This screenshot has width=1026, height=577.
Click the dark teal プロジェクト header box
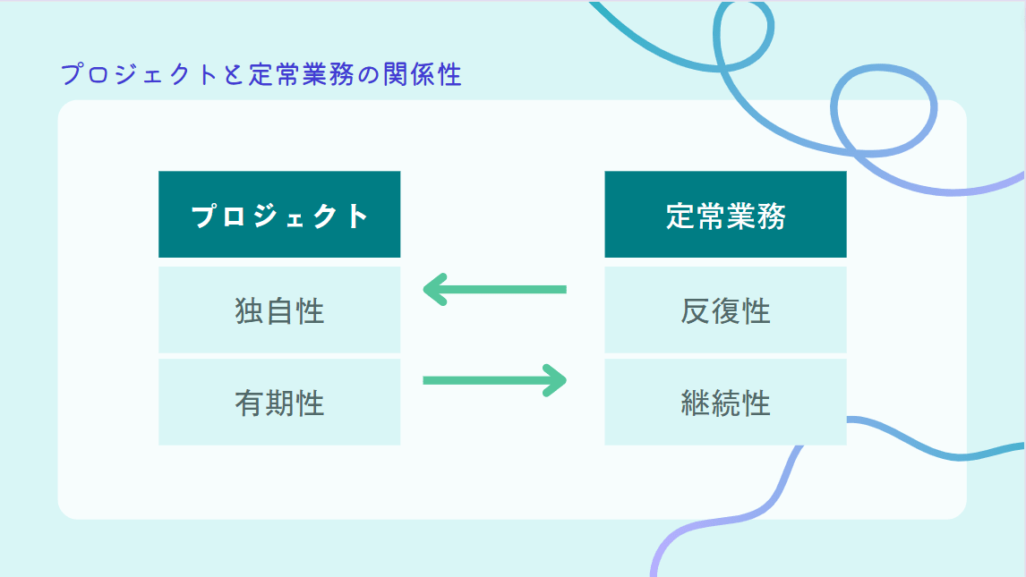(279, 215)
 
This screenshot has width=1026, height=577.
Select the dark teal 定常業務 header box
(725, 215)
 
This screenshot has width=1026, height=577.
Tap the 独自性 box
(279, 310)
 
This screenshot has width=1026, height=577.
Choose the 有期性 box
(279, 402)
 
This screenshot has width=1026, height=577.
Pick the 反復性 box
(725, 310)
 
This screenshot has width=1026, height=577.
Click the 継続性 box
(725, 402)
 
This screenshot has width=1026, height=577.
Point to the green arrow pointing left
(494, 289)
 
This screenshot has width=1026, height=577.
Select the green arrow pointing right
(494, 380)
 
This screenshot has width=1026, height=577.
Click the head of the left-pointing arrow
(433, 289)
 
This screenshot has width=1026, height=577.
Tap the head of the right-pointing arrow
(557, 380)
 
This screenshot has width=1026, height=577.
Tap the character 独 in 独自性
(249, 311)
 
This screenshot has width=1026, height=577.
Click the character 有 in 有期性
(249, 403)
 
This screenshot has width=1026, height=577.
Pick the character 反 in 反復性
(695, 311)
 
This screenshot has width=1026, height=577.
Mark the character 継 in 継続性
(695, 403)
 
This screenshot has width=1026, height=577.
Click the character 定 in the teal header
(680, 216)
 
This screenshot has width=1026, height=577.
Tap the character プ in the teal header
(205, 216)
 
